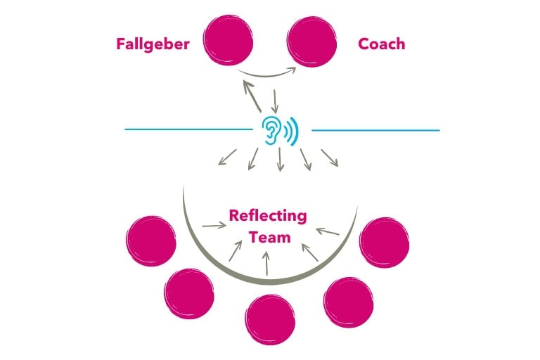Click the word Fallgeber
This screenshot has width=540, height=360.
coord(153,44)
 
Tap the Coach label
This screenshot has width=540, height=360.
coord(382,44)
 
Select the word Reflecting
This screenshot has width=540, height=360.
coord(268,215)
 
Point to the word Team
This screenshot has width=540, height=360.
coord(269,237)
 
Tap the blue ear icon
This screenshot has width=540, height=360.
coord(271,130)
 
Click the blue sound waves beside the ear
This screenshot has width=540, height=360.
coord(291,130)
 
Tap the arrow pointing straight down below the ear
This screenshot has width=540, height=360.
coord(280,160)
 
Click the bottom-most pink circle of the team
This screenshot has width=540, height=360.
coord(271,319)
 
